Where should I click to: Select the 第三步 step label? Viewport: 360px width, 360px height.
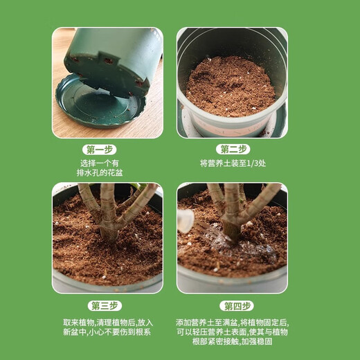coord(105,306)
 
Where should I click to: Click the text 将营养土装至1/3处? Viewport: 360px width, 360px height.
coord(233,163)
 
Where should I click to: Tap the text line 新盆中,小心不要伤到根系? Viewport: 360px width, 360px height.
coord(107,333)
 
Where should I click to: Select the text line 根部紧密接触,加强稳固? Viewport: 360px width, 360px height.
coord(232,342)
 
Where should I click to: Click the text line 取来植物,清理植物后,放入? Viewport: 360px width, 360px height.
coord(107,323)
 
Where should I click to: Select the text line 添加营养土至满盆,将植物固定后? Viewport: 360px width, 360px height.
coord(232,323)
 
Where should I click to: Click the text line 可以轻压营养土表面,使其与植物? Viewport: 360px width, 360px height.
coord(232,332)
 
